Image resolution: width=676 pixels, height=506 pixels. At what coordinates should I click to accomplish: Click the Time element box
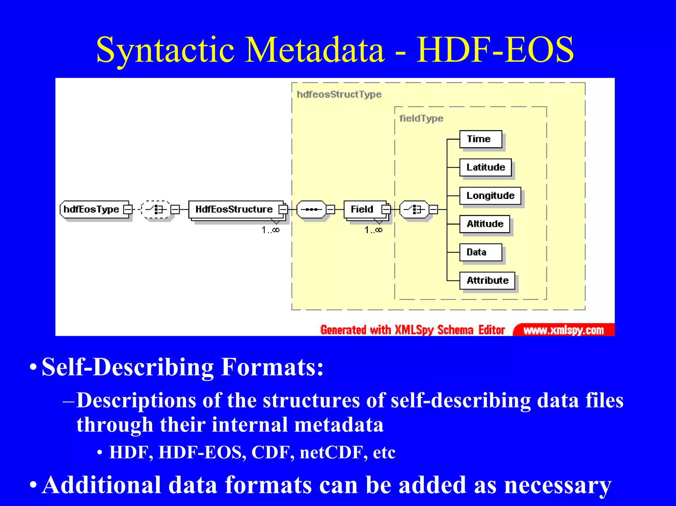480,139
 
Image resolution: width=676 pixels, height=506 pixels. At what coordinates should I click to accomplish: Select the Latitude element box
485,168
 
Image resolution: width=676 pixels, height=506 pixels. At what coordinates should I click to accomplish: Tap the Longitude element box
490,196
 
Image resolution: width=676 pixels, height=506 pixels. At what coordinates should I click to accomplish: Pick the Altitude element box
485,224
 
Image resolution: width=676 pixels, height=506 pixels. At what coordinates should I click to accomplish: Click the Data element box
480,252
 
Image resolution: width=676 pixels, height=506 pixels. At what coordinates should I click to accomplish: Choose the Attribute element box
487,280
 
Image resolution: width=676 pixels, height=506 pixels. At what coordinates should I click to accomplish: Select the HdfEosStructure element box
234,209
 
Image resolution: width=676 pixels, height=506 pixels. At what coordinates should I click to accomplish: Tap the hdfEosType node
92,209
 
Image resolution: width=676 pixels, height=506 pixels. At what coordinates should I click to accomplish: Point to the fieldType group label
421,118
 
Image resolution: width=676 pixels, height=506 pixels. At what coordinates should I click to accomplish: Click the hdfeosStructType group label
339,94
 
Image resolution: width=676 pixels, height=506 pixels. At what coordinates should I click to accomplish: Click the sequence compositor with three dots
311,209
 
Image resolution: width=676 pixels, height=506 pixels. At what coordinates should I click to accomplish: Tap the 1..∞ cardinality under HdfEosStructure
271,230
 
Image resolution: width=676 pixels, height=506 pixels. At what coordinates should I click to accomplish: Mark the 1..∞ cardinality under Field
373,230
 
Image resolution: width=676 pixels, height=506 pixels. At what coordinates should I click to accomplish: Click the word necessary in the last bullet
558,485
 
